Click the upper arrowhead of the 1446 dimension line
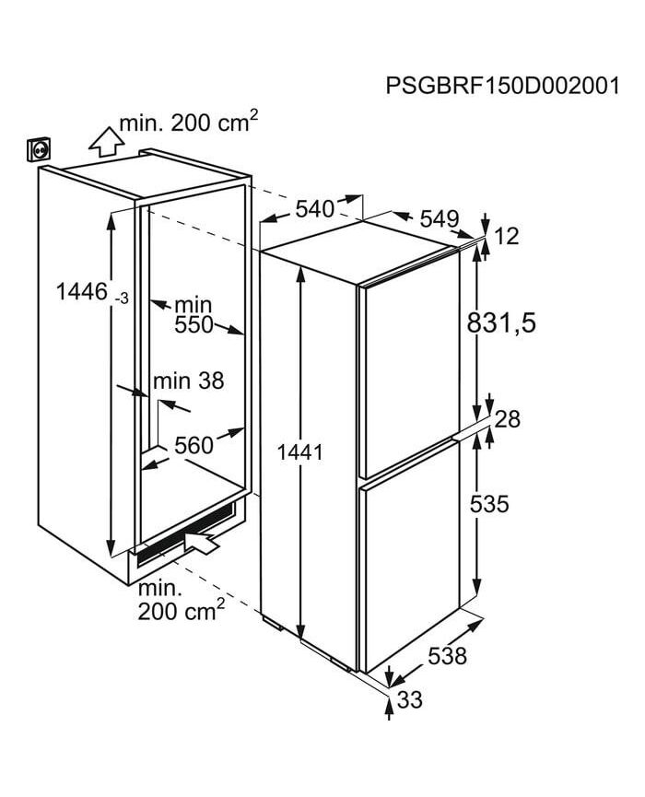click(111, 213)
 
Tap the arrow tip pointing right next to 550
click(244, 334)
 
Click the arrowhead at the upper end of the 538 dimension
click(481, 620)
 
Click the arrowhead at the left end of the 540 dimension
click(262, 222)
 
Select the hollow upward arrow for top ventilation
click(106, 141)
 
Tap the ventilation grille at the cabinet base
click(185, 534)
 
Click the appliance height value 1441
click(299, 451)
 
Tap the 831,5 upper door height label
click(501, 322)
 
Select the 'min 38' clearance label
click(189, 381)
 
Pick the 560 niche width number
click(193, 445)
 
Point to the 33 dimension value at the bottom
click(410, 699)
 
